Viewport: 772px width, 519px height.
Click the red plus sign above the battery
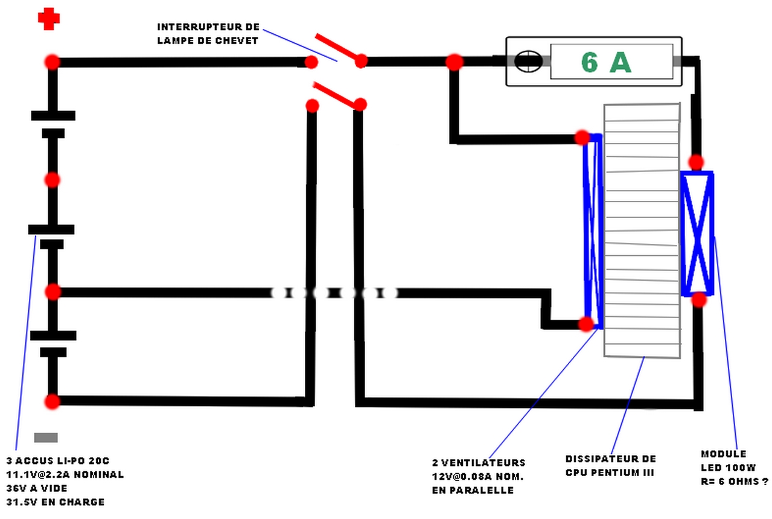coord(49,19)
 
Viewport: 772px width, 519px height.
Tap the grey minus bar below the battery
coord(46,438)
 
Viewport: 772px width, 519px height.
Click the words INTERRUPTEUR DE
coord(208,27)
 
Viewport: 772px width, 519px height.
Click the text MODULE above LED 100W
coord(723,454)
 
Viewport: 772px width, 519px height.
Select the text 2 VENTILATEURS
coord(479,463)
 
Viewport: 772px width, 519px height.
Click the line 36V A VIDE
coord(37,488)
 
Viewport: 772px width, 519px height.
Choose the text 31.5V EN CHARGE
coord(56,502)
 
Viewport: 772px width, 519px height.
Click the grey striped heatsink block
coord(642,230)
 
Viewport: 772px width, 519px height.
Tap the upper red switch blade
coord(337,48)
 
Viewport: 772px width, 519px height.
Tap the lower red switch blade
coord(336,95)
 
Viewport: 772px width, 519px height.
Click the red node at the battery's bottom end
coord(53,401)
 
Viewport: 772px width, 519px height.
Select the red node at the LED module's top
coord(696,162)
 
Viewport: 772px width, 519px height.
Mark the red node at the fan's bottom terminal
coord(586,324)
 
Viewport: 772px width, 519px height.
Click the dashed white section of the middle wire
coord(334,293)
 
